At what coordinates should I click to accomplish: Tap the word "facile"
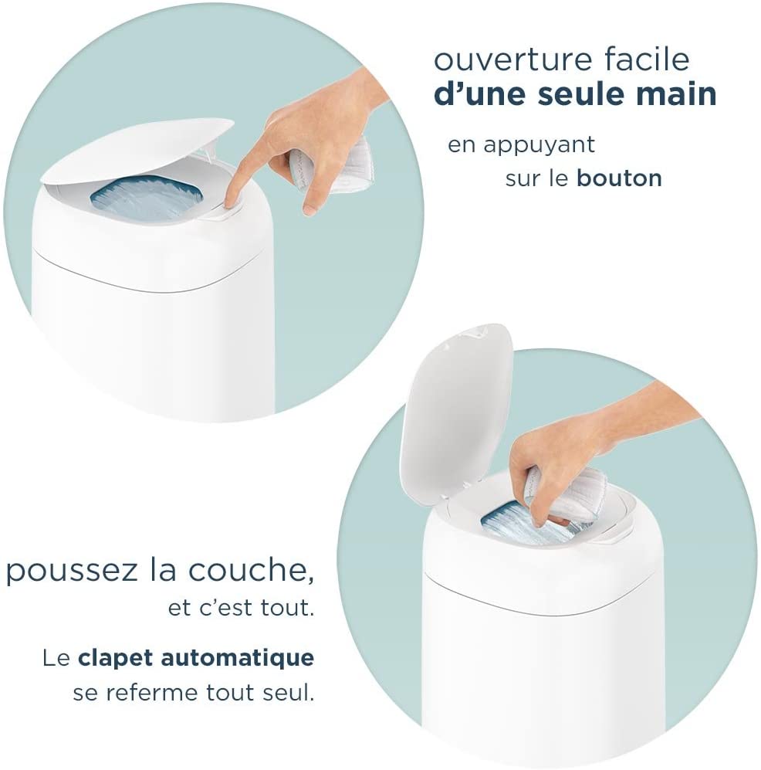[647, 58]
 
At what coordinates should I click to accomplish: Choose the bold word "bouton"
[619, 178]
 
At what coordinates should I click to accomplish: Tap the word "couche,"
[252, 570]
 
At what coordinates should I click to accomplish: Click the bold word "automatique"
[238, 658]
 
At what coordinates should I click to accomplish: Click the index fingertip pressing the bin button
[233, 200]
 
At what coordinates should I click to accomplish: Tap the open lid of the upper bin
[137, 150]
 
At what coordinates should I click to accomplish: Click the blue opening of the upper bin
[146, 199]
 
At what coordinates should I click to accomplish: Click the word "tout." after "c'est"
[287, 609]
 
